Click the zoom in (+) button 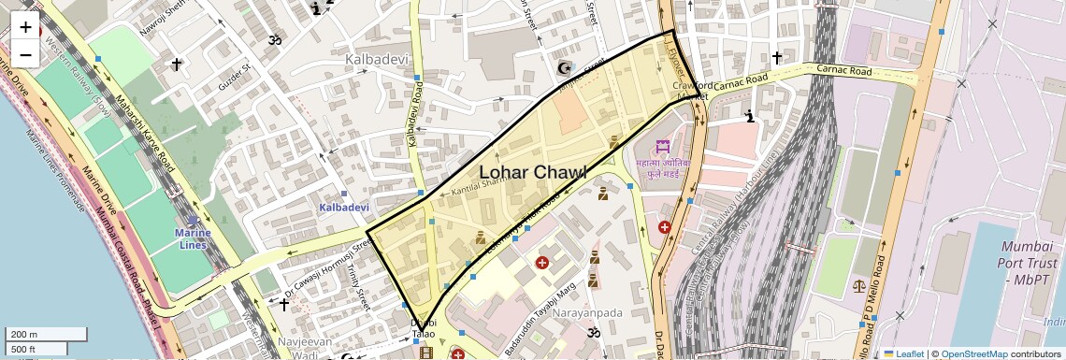(x=25, y=27)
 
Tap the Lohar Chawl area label (x=532, y=172)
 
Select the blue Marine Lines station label (x=193, y=238)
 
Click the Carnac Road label (x=843, y=71)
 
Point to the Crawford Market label (x=691, y=91)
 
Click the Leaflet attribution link (x=903, y=353)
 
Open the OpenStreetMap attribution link (x=973, y=353)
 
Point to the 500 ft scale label (x=36, y=349)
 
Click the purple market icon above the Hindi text (x=663, y=147)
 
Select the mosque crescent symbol (x=564, y=68)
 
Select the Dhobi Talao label (x=424, y=328)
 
